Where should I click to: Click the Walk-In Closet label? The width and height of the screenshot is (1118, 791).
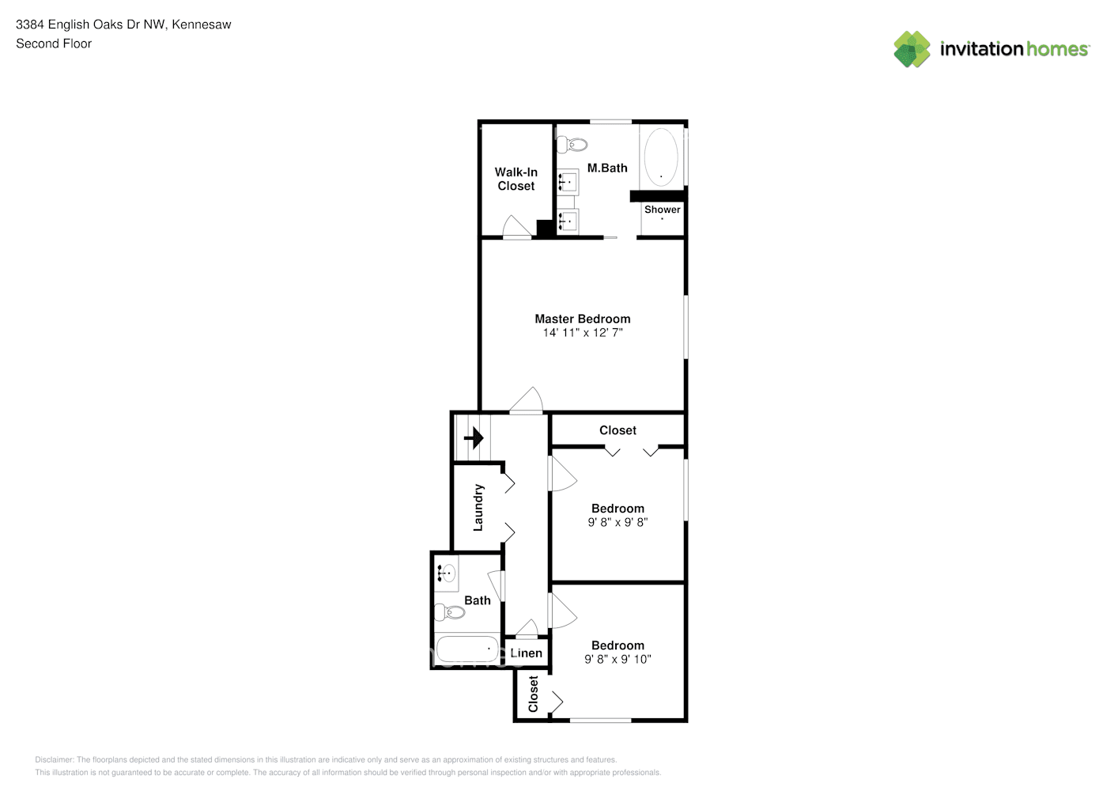click(516, 179)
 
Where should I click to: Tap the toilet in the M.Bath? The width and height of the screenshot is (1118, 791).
click(572, 145)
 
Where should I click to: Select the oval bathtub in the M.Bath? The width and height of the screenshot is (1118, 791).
click(660, 156)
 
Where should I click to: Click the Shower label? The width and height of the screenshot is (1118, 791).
click(662, 210)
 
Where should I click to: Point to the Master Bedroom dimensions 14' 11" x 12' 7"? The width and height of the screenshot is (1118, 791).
click(582, 333)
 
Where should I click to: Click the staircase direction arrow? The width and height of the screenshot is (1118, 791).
click(474, 437)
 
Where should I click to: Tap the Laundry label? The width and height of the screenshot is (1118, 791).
click(478, 508)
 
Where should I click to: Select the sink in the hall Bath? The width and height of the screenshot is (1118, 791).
click(448, 573)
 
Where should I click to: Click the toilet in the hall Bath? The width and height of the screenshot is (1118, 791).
click(449, 611)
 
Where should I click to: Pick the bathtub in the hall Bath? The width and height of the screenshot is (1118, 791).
click(466, 649)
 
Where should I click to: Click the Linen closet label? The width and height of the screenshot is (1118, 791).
click(526, 653)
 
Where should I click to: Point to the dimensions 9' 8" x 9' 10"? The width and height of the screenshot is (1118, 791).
click(618, 659)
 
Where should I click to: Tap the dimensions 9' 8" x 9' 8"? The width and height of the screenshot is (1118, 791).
click(618, 522)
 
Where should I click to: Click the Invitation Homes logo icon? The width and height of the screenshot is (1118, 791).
click(912, 49)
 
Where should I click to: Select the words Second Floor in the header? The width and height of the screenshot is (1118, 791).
click(54, 44)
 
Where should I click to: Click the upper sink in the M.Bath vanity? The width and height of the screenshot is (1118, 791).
click(568, 183)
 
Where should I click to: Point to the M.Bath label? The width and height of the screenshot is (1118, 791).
click(607, 168)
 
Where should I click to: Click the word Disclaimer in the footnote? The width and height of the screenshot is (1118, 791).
click(54, 759)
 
